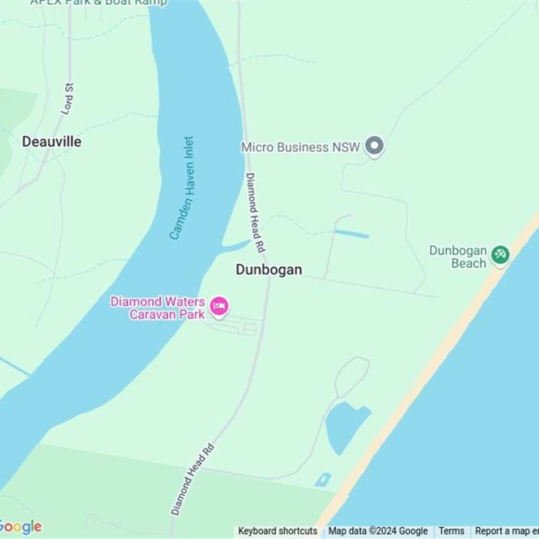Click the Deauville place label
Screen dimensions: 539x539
(x=52, y=141)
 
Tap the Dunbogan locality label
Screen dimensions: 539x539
(x=269, y=269)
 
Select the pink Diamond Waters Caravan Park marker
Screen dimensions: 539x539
(x=219, y=307)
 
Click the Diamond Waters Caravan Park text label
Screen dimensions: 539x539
(x=158, y=308)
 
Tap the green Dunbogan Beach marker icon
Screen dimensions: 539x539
(x=500, y=255)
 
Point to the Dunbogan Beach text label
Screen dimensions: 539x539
(x=459, y=257)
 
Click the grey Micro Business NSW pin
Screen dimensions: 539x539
(x=375, y=146)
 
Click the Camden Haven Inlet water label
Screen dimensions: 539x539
(x=181, y=188)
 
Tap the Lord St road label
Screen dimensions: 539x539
(x=67, y=98)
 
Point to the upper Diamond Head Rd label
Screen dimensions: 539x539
(x=255, y=208)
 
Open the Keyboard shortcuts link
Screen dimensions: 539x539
(x=278, y=531)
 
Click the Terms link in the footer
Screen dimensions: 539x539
(x=451, y=531)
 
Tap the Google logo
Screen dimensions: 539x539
(x=20, y=527)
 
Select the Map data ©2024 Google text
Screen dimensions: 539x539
(x=378, y=531)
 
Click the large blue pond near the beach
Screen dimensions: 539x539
(x=345, y=424)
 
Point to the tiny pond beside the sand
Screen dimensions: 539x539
(x=323, y=480)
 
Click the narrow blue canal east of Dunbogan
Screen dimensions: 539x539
(x=352, y=234)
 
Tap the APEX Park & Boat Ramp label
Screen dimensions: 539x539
(x=98, y=2)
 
